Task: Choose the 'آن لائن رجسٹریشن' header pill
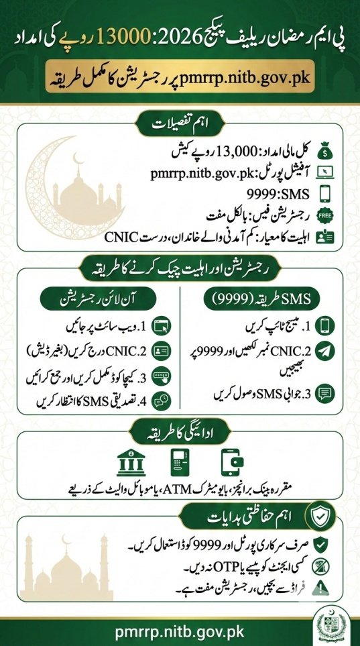(x=88, y=297)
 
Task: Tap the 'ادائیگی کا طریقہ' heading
(x=180, y=429)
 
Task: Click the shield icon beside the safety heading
(x=318, y=516)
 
